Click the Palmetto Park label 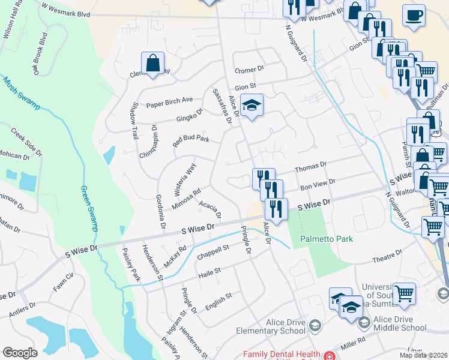coord(327,239)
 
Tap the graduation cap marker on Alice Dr coord(252,106)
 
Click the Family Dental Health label coord(280,354)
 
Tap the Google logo coord(20,352)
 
